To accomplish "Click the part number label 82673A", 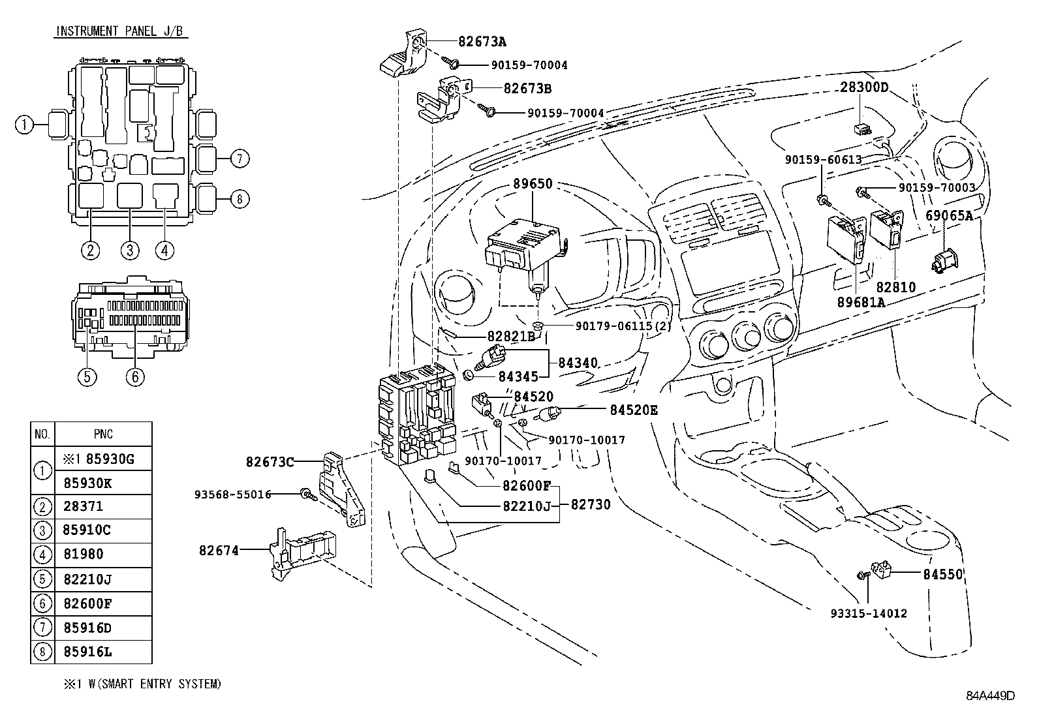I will click(x=482, y=42).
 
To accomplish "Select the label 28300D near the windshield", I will click(x=864, y=87).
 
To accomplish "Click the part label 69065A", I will click(x=949, y=215).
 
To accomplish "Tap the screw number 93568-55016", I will click(x=232, y=494).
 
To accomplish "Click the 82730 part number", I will click(x=591, y=504).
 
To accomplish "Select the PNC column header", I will click(x=103, y=434).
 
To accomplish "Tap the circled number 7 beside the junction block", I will click(x=240, y=158).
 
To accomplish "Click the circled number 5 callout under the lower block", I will click(x=87, y=376).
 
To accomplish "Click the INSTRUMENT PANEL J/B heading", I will click(x=119, y=31).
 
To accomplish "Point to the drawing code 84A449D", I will click(x=991, y=695).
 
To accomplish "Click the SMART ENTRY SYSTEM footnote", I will click(x=142, y=684).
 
